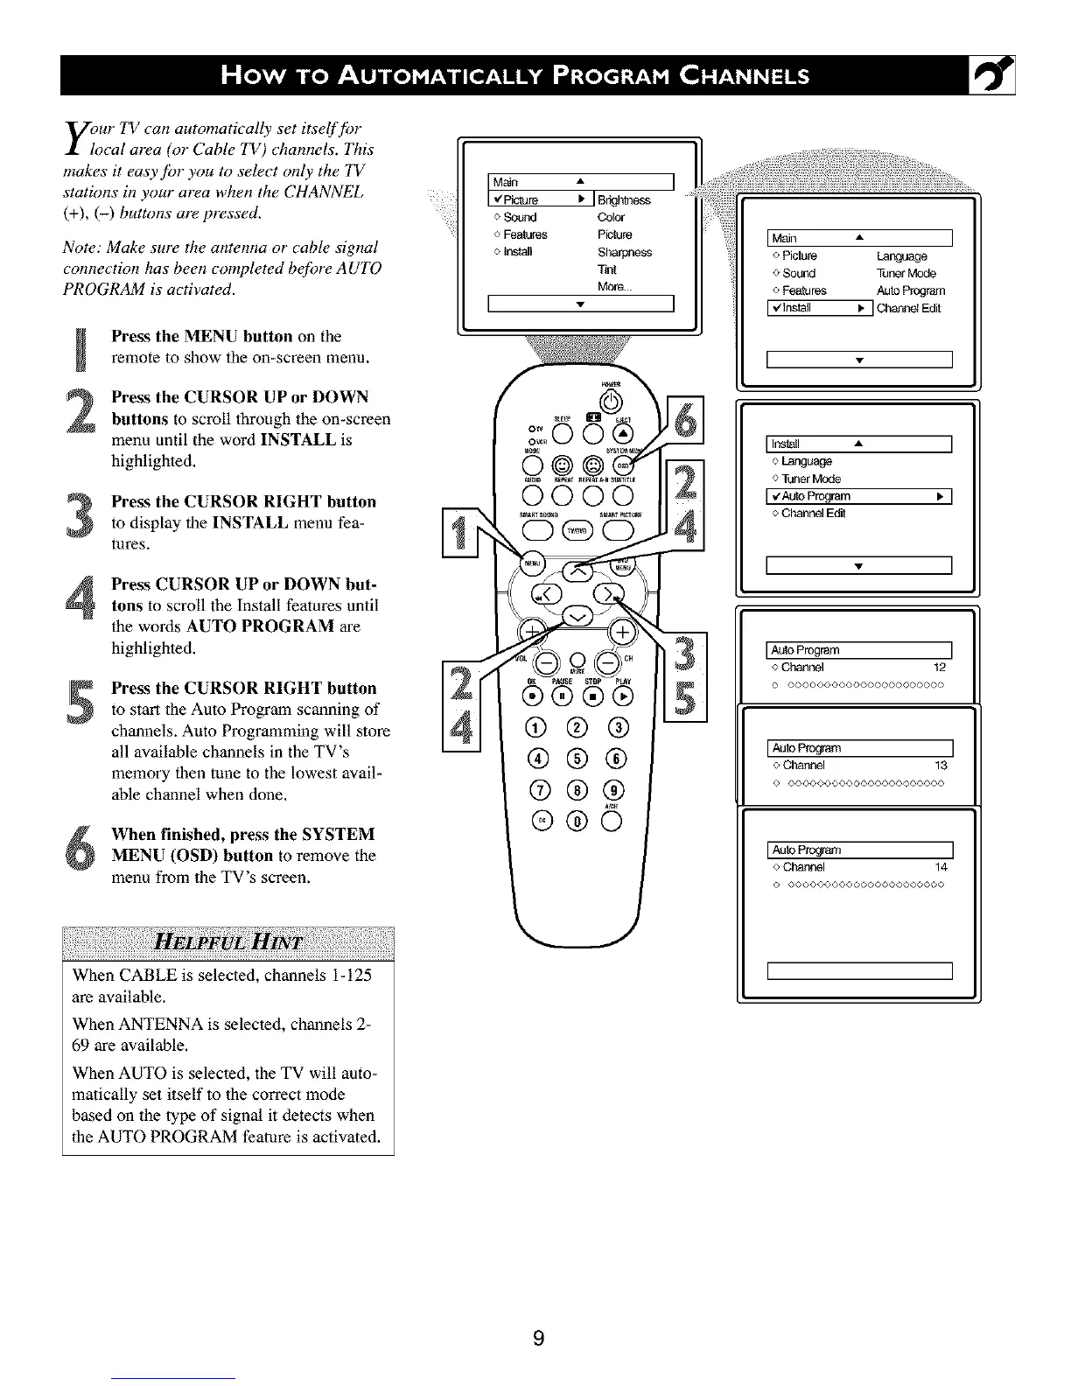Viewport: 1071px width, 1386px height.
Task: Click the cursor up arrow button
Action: click(577, 571)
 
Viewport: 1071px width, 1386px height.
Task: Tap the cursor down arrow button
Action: click(577, 618)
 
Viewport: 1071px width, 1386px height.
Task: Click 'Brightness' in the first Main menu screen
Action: click(624, 199)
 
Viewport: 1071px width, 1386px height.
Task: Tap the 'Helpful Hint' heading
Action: click(228, 942)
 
